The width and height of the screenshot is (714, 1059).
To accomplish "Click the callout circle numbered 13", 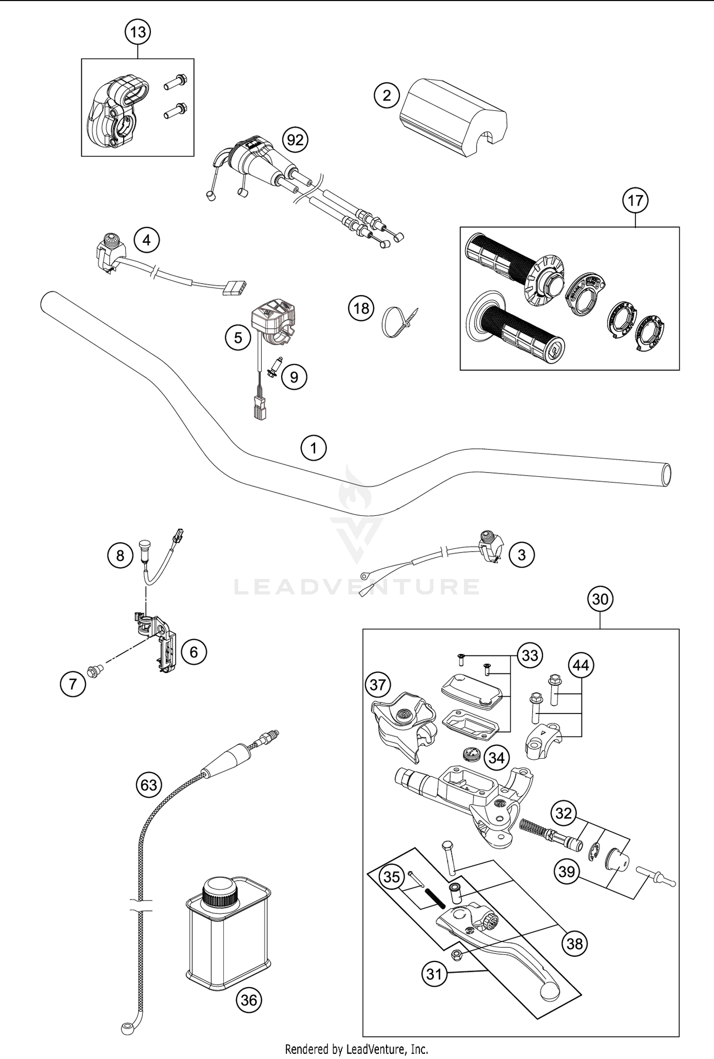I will [138, 32].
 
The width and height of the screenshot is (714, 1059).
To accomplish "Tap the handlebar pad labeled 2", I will [452, 117].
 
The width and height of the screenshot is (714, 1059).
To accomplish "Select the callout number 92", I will [295, 140].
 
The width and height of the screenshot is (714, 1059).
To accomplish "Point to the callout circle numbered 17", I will [635, 200].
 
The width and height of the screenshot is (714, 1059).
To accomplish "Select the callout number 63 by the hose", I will [149, 784].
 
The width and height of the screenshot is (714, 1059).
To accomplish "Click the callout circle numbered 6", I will [194, 652].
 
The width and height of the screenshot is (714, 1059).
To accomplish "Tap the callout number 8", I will [120, 555].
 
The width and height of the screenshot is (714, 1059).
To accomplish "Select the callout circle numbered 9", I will [294, 377].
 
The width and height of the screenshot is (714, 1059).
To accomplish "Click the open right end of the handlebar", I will [667, 475].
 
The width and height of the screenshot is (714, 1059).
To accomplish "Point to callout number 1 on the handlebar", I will [314, 448].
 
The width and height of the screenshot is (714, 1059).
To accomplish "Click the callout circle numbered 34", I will [496, 757].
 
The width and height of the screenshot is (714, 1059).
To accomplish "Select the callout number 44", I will [581, 665].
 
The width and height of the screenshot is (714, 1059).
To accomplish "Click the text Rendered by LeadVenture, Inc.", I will [357, 1049].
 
